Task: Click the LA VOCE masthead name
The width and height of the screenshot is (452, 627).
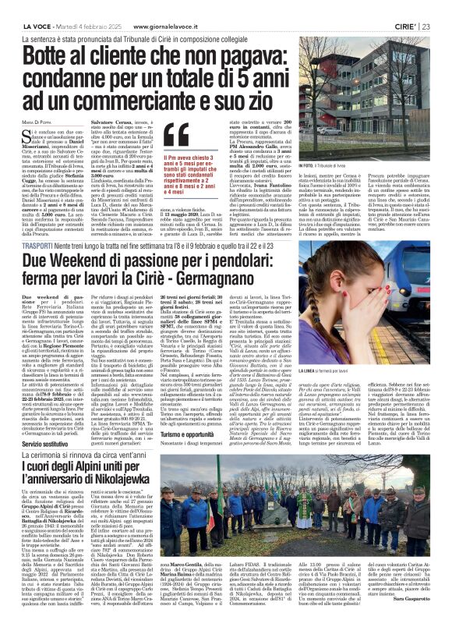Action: point(25,7)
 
